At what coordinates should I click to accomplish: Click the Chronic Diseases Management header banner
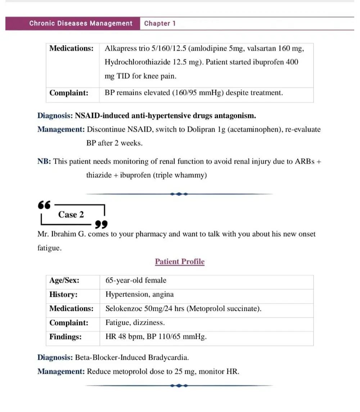click(81, 23)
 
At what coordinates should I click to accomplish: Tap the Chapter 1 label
click(160, 23)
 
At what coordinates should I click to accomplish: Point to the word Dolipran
click(201, 129)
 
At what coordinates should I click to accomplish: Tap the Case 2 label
click(71, 215)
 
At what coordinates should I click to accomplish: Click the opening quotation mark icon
click(44, 205)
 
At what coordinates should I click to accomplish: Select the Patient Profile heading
click(180, 261)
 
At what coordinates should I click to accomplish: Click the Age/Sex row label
click(64, 280)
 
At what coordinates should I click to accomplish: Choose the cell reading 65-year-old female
click(136, 280)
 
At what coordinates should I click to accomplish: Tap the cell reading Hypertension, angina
click(139, 294)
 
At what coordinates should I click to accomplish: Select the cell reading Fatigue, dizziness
click(135, 323)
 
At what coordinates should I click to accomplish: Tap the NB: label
click(45, 161)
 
